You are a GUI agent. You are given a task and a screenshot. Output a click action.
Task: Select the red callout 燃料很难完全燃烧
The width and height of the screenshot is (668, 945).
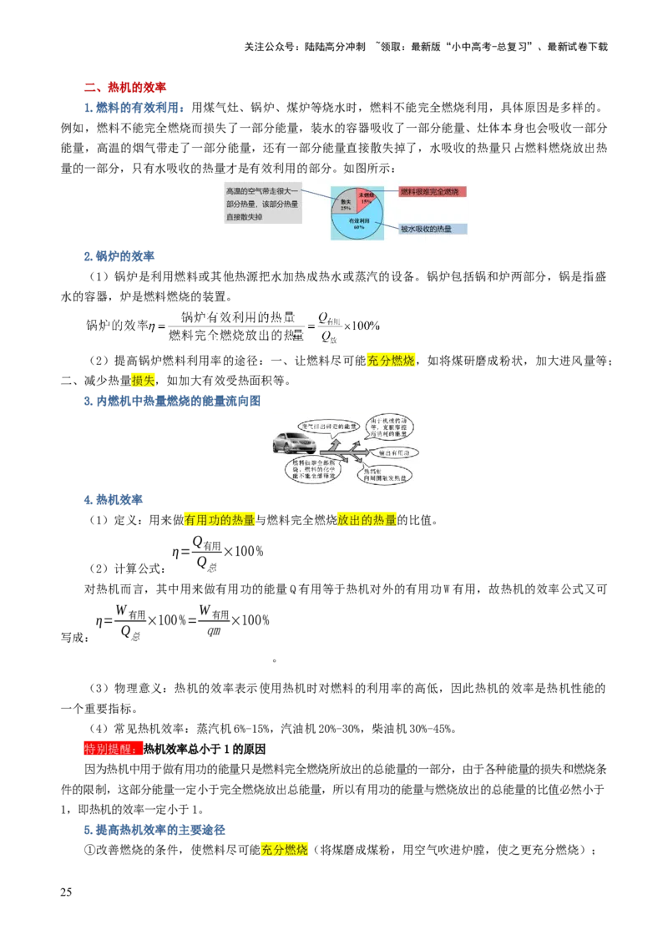[x=433, y=192]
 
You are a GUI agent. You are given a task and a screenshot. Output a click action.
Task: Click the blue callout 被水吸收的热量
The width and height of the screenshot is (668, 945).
[x=433, y=228]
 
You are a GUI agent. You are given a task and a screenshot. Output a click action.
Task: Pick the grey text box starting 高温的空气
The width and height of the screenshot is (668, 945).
[x=262, y=204]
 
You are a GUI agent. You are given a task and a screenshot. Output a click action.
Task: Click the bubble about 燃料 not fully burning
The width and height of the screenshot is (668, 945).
[x=314, y=470]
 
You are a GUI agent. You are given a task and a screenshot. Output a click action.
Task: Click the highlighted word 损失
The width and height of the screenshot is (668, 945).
[x=144, y=380]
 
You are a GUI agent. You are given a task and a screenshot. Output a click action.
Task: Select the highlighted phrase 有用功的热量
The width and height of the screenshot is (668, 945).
[x=220, y=520]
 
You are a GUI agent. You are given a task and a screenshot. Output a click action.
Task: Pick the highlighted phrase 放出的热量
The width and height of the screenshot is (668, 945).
[x=367, y=520]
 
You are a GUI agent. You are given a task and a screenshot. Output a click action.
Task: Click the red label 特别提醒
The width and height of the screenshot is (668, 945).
[x=112, y=749]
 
